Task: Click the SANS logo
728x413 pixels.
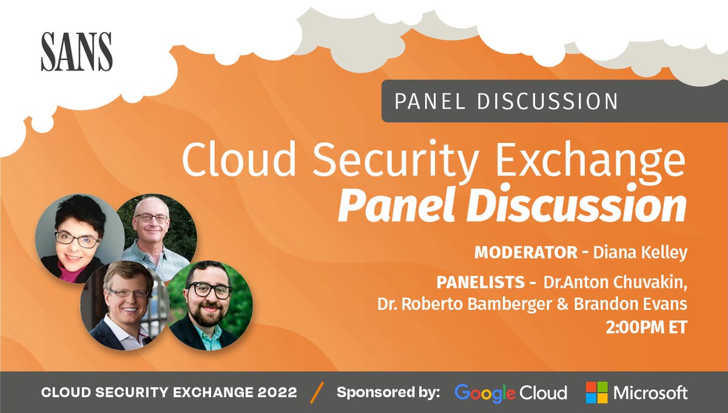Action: pos(76,52)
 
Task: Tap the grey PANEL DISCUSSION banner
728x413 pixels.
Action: pos(507,101)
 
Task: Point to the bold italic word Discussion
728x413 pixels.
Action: pos(580,206)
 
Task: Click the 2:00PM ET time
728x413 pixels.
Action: pos(646,327)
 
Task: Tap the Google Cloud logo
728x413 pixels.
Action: pos(510,392)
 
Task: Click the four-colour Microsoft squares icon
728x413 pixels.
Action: pos(596,392)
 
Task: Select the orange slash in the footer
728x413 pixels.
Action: pos(317,392)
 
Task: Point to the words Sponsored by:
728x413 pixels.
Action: pos(388,392)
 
